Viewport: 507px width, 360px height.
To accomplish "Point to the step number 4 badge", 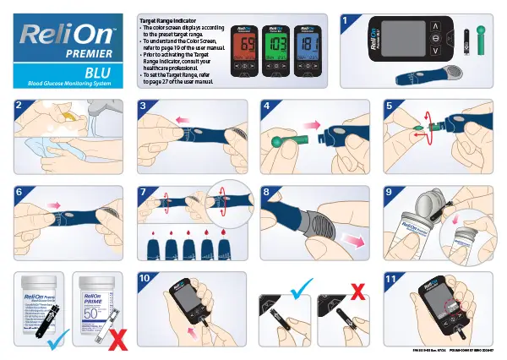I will click(x=269, y=106).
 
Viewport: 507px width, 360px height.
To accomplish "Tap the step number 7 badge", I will click(x=144, y=192).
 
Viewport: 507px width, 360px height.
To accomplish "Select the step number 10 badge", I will click(x=145, y=278).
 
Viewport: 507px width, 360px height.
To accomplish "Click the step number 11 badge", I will click(x=391, y=278).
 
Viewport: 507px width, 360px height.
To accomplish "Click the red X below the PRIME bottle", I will click(x=118, y=339).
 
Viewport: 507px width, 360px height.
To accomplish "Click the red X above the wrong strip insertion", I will click(x=358, y=292).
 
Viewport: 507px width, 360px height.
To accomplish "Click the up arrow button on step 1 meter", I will click(x=436, y=27).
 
